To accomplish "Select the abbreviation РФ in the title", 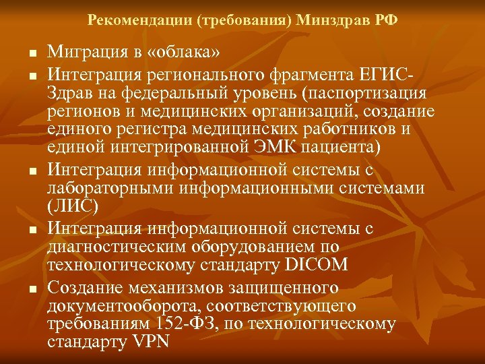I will [x=386, y=20].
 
